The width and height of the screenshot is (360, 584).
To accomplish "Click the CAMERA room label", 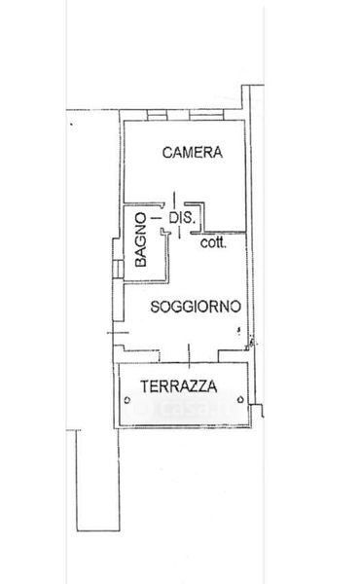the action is click(x=193, y=153).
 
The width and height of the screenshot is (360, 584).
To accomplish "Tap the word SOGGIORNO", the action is click(x=196, y=307).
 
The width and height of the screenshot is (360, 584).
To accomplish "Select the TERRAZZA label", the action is click(x=179, y=386).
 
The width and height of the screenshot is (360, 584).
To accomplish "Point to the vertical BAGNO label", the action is click(x=141, y=239).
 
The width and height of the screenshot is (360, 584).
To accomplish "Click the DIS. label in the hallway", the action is click(x=182, y=217).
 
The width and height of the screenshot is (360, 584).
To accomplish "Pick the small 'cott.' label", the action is click(x=213, y=242).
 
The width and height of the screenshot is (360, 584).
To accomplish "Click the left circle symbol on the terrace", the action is click(x=127, y=400).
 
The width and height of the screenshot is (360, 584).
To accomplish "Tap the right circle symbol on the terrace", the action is click(x=240, y=400).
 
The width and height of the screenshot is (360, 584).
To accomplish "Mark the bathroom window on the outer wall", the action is click(x=119, y=269).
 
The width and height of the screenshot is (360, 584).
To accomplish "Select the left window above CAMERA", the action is click(x=157, y=115).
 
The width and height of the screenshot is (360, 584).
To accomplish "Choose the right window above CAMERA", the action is click(x=206, y=115).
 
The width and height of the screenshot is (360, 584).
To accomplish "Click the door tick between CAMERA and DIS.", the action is click(x=174, y=200).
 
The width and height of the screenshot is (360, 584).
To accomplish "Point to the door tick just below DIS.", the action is click(x=179, y=233).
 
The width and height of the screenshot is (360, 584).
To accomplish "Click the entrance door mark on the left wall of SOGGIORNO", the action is click(x=118, y=333).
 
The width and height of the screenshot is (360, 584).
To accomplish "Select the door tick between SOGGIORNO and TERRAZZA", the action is click(x=189, y=356).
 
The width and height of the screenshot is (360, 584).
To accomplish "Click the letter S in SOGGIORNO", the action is click(x=155, y=307).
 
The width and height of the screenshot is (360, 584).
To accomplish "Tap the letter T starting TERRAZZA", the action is click(x=144, y=386).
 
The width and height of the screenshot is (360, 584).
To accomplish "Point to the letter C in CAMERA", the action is click(x=167, y=153).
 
